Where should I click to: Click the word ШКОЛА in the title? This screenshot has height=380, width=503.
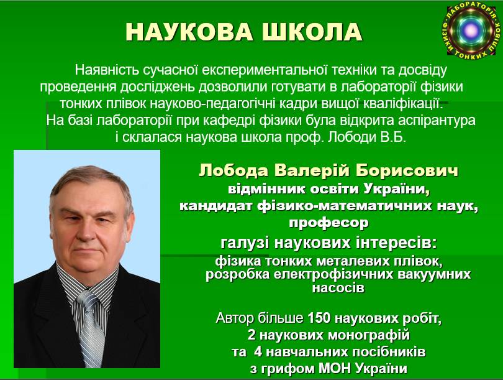tap(312, 32)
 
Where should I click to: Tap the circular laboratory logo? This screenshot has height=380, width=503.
tap(471, 30)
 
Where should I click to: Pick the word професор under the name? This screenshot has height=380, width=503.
tap(329, 223)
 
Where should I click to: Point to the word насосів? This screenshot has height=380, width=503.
tap(338, 287)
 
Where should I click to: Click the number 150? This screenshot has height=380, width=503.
tap(319, 318)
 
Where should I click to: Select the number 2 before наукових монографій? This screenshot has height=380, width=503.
tap(251, 335)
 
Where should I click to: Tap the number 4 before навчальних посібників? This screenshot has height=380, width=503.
tap(258, 352)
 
